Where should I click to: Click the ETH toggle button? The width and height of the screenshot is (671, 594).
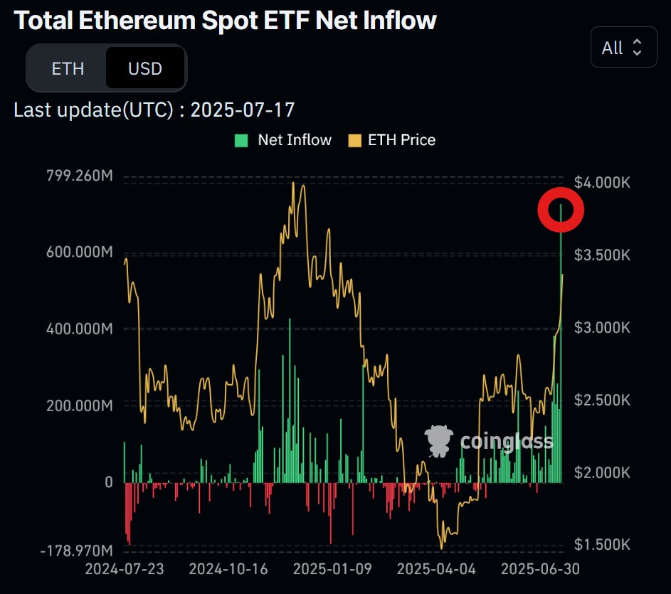pos(68,68)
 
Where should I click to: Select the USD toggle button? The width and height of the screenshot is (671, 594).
pos(145,68)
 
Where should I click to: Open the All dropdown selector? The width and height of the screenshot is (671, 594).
pos(623,48)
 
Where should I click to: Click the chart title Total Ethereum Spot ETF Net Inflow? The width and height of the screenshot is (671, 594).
pos(225,21)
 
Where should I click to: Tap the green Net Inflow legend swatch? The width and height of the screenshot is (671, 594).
pos(241,140)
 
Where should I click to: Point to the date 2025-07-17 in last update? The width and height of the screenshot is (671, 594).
pos(243,110)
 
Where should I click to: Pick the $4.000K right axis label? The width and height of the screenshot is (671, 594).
pos(602,183)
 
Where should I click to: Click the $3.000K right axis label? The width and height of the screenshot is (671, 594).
pos(602,328)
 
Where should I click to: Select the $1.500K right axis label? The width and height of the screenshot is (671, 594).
pos(602,545)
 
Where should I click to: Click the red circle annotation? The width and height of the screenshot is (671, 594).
pos(561,210)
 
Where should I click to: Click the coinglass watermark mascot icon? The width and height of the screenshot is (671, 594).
pos(438,441)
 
